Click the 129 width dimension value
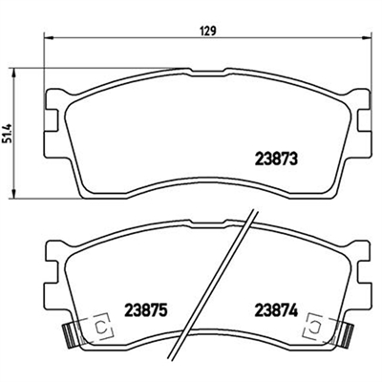[x=209, y=31]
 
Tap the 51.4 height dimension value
[x=8, y=133]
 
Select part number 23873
[x=276, y=159]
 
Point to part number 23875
[x=146, y=310]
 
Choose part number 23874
[x=276, y=310]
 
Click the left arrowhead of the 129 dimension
[x=47, y=38]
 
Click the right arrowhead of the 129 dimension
[x=367, y=38]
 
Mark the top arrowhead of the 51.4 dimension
[x=13, y=72]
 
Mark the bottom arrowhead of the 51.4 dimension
[x=13, y=195]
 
